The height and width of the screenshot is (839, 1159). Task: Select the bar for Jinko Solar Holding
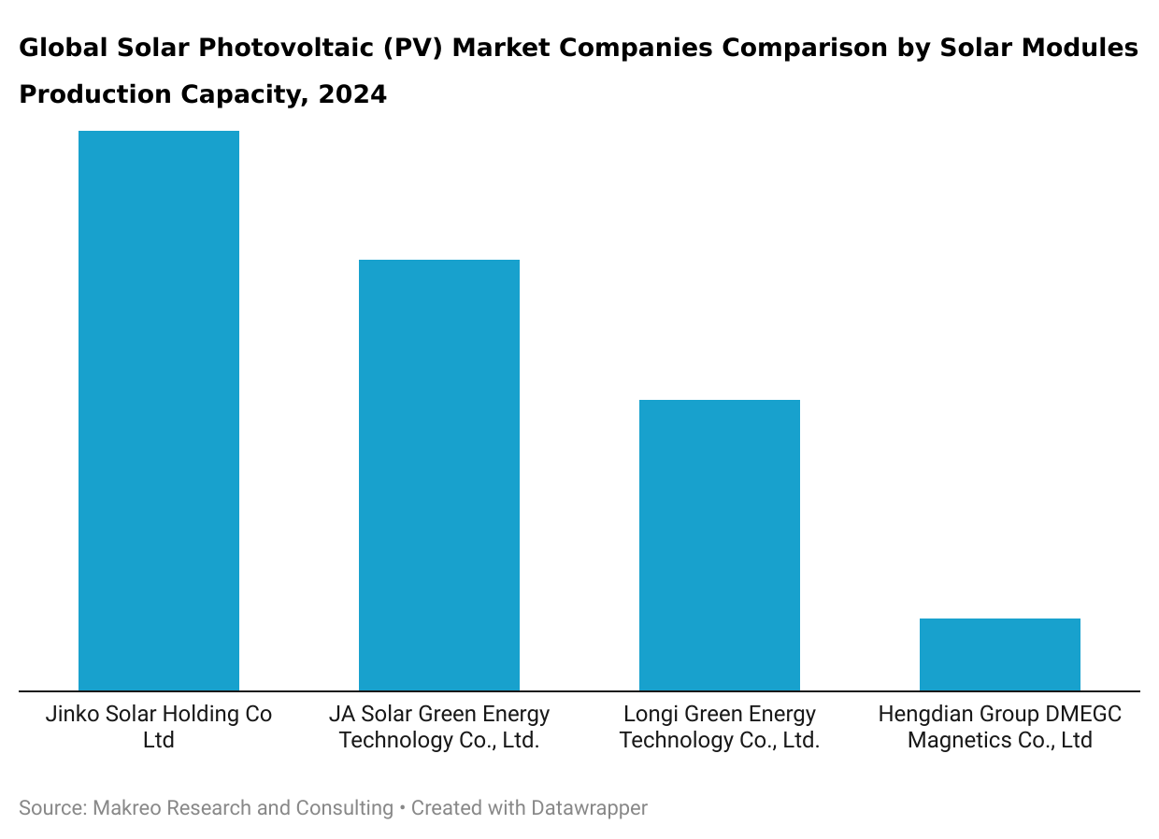pos(159,411)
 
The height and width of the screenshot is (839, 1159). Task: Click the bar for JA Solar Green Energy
pos(439,476)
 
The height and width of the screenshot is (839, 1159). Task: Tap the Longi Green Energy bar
pos(720,546)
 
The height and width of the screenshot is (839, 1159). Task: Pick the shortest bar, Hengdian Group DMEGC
pos(1000,655)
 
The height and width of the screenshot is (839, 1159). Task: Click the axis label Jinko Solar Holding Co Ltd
pos(159,727)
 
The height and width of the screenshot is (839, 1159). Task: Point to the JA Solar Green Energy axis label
pos(439,727)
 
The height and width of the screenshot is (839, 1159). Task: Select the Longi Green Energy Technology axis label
pos(720,727)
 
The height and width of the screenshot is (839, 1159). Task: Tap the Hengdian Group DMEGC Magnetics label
pos(1000,727)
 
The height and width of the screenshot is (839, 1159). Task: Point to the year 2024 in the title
pos(352,94)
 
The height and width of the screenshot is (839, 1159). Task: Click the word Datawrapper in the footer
pos(589,808)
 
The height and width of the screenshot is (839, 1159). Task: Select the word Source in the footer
pos(50,808)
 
